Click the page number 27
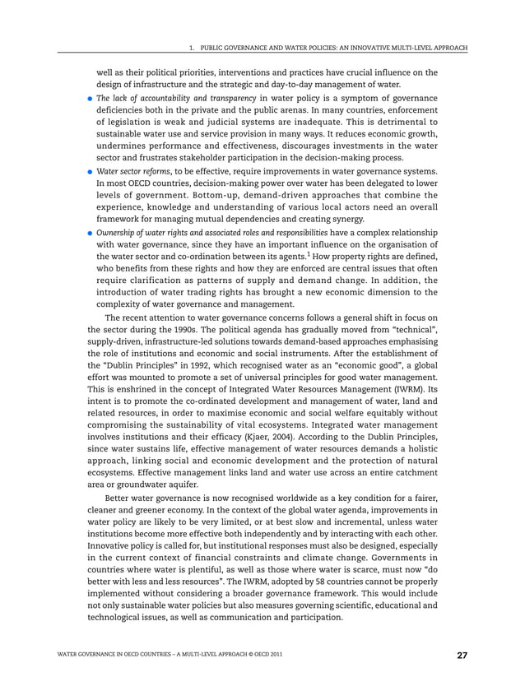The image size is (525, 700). [462, 656]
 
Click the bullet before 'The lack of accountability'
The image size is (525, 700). [91, 99]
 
